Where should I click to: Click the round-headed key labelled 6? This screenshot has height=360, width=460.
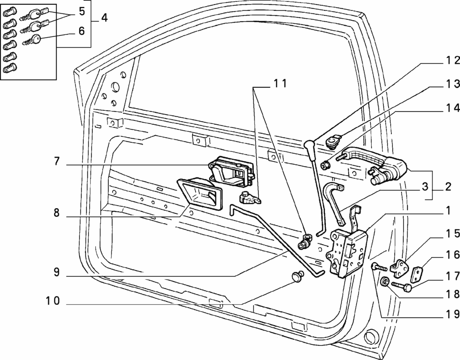click(x=36, y=39)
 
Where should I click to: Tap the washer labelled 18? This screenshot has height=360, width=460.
click(x=384, y=281)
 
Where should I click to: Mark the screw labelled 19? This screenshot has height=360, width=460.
click(x=378, y=268)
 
